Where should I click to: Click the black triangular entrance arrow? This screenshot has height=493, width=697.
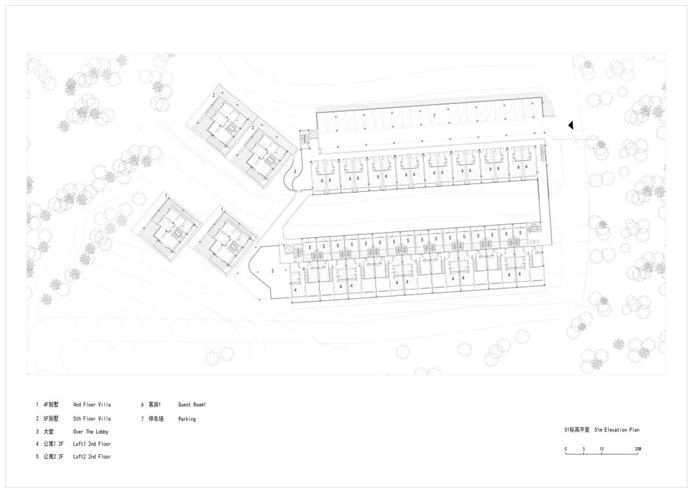tap(571, 125)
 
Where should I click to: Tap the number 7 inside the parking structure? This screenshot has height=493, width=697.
tap(435, 116)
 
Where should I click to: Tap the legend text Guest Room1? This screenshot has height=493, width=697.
tap(192, 405)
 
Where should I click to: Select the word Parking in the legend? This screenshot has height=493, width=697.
tap(187, 419)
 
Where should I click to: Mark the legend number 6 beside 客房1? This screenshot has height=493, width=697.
tap(142, 405)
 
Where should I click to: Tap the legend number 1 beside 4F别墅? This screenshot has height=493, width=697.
tap(37, 405)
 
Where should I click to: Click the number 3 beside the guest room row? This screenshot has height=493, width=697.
tap(294, 171)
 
